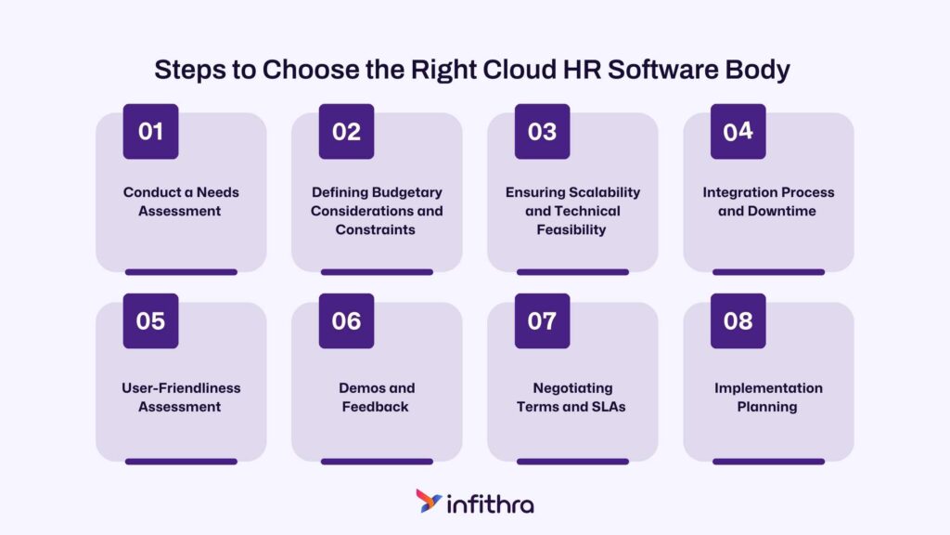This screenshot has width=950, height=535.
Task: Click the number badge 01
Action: point(151,132)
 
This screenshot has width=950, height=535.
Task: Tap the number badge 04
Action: point(738,132)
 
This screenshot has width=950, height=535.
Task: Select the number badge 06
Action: point(347,320)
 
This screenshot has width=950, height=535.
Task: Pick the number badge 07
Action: point(542,320)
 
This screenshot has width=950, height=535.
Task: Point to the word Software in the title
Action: point(662,70)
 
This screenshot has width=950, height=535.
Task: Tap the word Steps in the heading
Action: point(190,71)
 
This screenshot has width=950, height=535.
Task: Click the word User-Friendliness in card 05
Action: point(181,388)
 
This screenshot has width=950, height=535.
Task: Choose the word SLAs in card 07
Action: point(607,407)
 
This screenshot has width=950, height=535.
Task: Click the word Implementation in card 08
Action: point(768,388)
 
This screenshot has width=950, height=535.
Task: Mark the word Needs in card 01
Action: point(217,192)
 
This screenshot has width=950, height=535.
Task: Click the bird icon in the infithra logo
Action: point(429,501)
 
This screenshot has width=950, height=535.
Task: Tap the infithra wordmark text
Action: point(490,504)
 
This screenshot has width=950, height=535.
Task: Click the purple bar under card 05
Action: point(181,462)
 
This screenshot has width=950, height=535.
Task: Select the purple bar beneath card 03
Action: point(572,272)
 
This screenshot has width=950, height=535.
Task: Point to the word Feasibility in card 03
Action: point(571,230)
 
